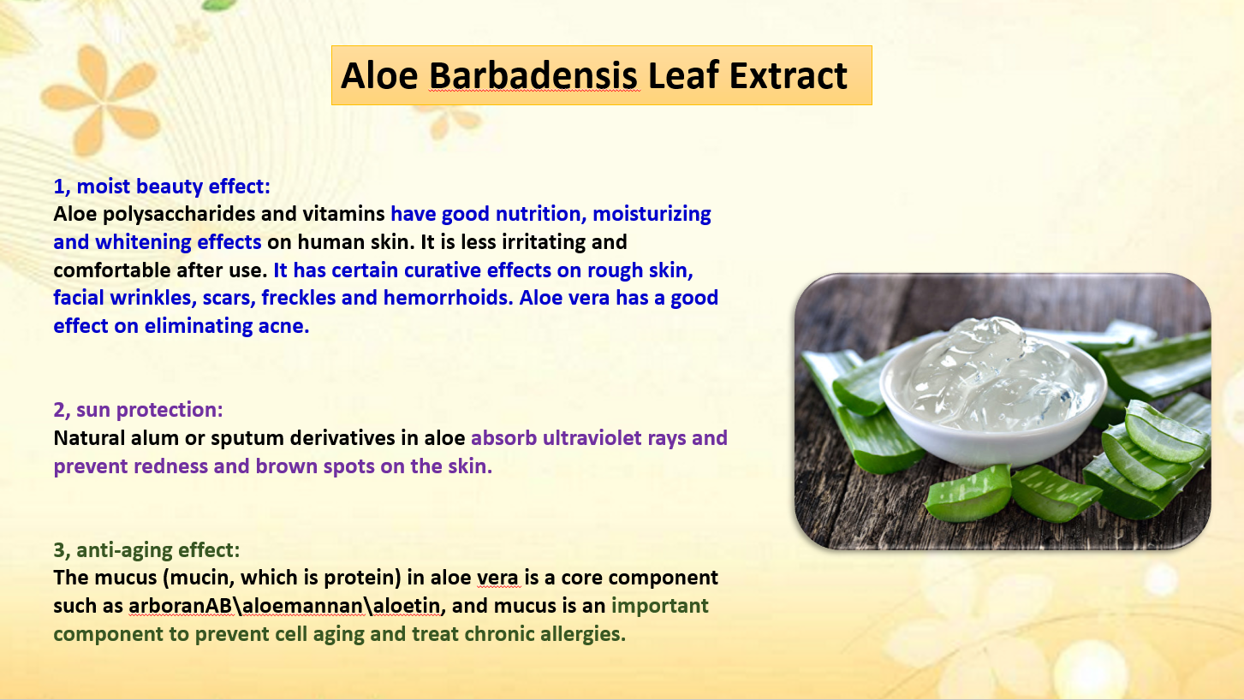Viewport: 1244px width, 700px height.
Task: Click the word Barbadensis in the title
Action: (533, 75)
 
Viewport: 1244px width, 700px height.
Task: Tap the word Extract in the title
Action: (788, 75)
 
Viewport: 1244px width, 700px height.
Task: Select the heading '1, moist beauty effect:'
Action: (162, 187)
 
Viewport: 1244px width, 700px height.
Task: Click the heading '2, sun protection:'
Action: (139, 410)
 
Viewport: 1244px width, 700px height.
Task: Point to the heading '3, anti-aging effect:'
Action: (146, 550)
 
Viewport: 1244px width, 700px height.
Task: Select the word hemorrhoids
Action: (448, 298)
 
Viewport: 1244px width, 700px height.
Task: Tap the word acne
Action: (283, 326)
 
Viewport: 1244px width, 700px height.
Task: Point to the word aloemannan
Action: (303, 606)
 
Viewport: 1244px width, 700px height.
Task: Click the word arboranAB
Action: (180, 606)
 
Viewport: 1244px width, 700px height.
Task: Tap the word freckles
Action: (299, 298)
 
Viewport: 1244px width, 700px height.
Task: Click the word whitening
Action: (143, 242)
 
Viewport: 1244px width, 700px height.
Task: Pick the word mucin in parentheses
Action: (200, 578)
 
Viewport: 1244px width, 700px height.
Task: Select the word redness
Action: (171, 466)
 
